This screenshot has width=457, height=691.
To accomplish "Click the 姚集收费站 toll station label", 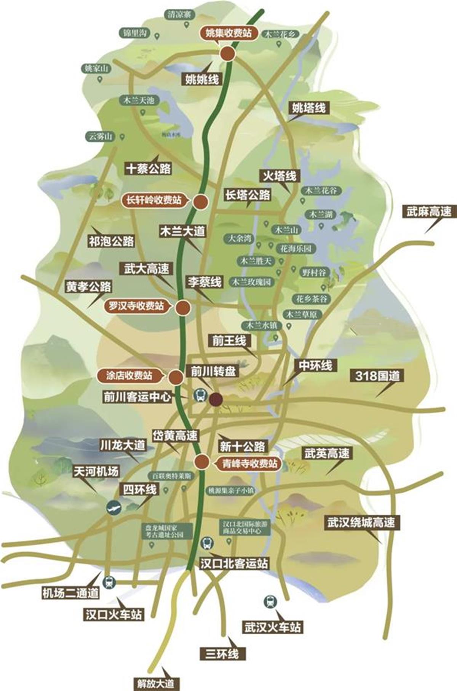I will click(229, 33).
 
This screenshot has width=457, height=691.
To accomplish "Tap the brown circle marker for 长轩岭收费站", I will click(200, 201).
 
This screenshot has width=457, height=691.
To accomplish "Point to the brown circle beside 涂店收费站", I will click(176, 377).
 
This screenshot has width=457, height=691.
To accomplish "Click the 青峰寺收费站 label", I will click(249, 464).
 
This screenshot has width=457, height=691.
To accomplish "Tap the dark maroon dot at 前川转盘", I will click(216, 399).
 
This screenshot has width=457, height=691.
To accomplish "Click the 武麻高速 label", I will click(429, 212).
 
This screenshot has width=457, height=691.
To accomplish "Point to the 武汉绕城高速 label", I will click(361, 523).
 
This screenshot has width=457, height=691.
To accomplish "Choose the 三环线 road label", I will click(222, 654).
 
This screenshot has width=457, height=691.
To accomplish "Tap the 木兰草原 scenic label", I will click(304, 314).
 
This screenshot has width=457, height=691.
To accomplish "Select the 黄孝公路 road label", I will click(88, 287).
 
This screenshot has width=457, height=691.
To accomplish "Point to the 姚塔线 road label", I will click(309, 108).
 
